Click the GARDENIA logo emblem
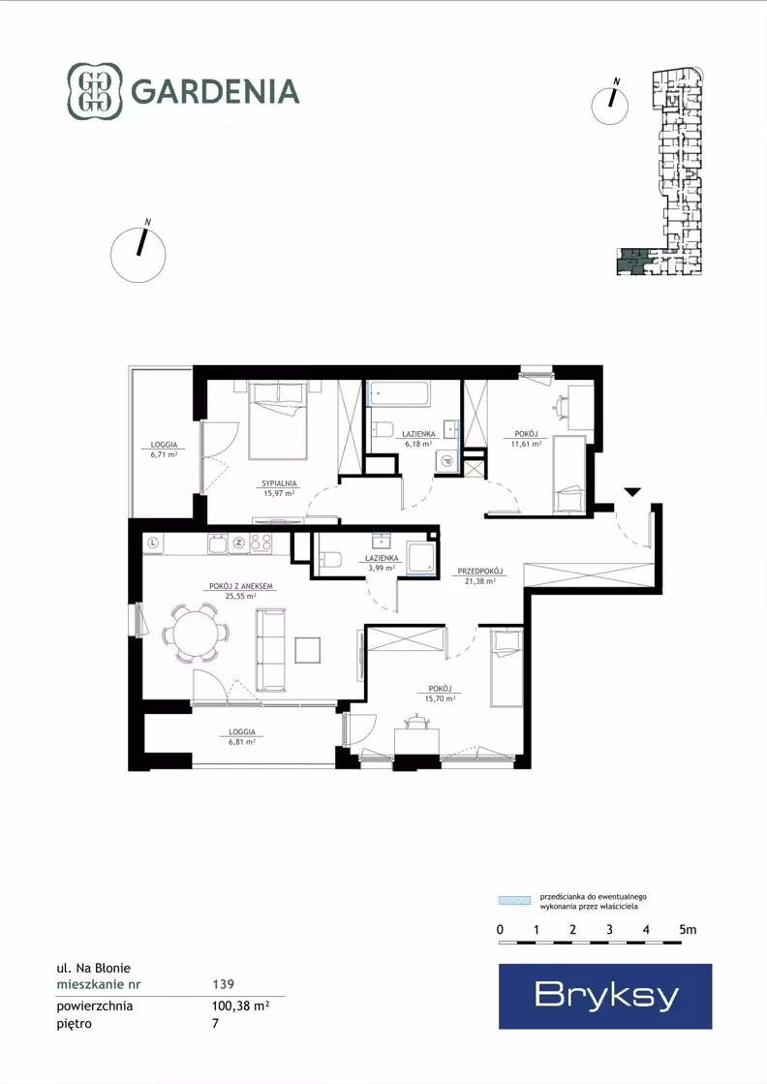(x=95, y=91)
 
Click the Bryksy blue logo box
(x=605, y=996)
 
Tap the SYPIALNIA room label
(x=279, y=484)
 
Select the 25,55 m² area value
(x=241, y=595)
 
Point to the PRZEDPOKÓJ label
(x=480, y=572)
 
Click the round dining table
(x=196, y=634)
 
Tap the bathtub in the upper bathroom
(x=398, y=394)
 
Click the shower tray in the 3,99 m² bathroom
(x=421, y=557)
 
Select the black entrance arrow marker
(x=632, y=491)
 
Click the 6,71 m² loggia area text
(x=165, y=454)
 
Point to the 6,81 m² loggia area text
(x=242, y=741)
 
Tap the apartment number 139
(x=223, y=984)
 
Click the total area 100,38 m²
(x=240, y=1006)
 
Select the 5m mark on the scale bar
(x=687, y=930)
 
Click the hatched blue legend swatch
(x=515, y=900)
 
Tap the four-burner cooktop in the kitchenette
(x=261, y=542)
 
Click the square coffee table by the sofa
(x=308, y=650)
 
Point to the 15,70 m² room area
(x=441, y=698)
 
